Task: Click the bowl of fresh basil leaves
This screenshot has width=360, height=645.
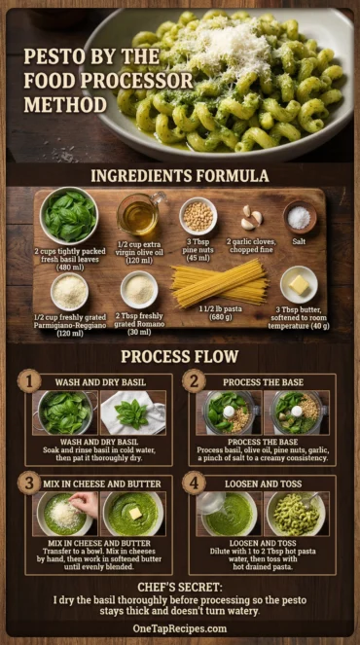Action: (69, 217)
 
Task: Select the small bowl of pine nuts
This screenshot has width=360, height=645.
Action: (198, 215)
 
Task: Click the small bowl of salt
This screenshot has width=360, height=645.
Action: (300, 216)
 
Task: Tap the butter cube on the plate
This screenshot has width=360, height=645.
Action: (299, 284)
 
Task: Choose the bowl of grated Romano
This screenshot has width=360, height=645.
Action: (139, 288)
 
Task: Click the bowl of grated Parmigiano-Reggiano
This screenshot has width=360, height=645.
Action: (69, 291)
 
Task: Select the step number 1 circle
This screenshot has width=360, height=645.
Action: (30, 382)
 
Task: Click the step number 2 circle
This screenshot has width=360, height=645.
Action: (194, 382)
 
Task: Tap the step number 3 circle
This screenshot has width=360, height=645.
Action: (30, 483)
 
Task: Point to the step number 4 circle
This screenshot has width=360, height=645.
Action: (194, 483)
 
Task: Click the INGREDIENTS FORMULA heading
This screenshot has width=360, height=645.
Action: (180, 175)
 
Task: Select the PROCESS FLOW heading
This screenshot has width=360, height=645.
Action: (180, 356)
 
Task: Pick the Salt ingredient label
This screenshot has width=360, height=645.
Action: (300, 241)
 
